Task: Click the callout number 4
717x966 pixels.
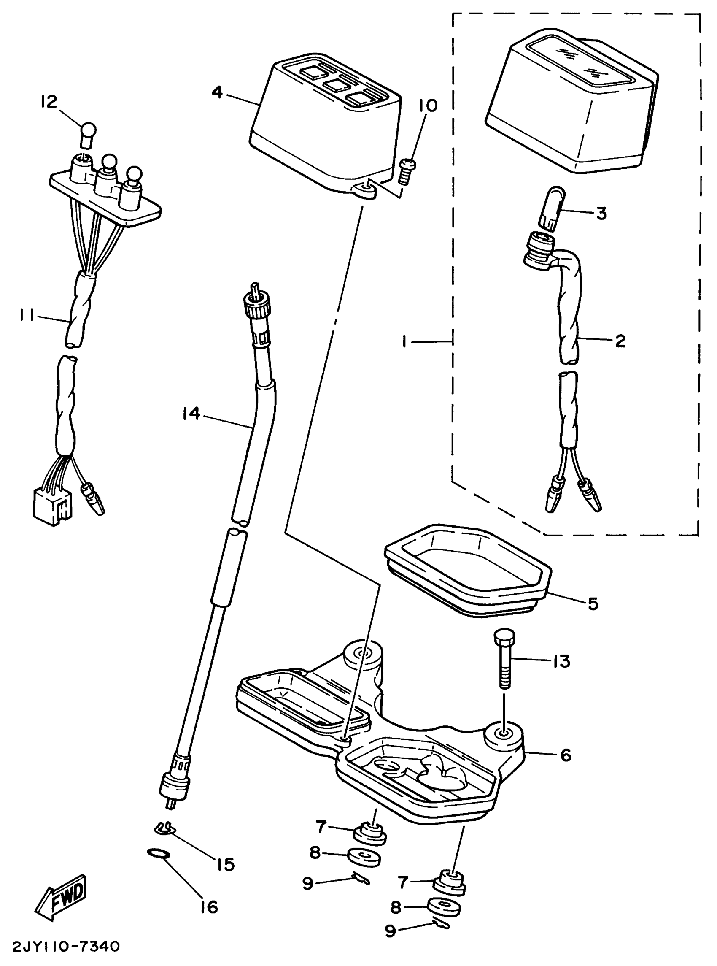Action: tap(218, 92)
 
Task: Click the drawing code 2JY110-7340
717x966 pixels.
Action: tap(65, 947)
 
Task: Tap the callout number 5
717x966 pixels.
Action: tap(593, 603)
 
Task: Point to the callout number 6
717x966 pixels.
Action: tap(566, 755)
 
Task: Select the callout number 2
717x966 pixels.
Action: tap(620, 341)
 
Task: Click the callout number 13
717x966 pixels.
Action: tap(561, 661)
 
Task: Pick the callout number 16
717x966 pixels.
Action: tap(209, 907)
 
